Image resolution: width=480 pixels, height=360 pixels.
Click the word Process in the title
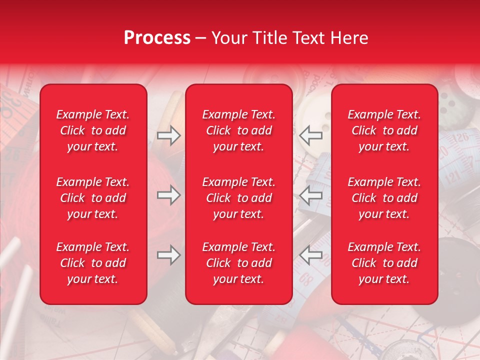(x=157, y=38)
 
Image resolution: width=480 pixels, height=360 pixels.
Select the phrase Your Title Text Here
(x=289, y=38)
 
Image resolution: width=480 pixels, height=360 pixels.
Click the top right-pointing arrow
(x=168, y=135)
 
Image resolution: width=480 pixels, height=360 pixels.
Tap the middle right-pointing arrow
(x=168, y=195)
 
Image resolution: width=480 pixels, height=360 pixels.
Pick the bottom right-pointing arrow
(x=168, y=255)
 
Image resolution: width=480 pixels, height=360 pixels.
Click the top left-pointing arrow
(x=311, y=135)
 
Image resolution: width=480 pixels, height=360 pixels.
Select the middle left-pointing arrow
(x=311, y=195)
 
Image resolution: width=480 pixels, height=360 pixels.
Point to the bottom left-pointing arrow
(x=311, y=255)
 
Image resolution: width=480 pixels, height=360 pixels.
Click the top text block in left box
(x=93, y=130)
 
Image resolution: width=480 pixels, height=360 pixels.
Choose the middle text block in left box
(x=93, y=198)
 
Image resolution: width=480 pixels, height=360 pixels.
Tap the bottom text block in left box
(x=93, y=263)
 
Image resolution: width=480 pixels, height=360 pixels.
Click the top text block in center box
(x=239, y=130)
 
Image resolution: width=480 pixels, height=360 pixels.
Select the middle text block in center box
(x=239, y=198)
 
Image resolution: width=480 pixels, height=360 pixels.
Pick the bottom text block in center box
(x=239, y=263)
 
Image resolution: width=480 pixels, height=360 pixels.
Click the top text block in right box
(x=384, y=130)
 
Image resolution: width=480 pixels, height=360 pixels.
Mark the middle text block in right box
(x=384, y=198)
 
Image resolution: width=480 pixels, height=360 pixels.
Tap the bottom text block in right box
(x=384, y=263)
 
